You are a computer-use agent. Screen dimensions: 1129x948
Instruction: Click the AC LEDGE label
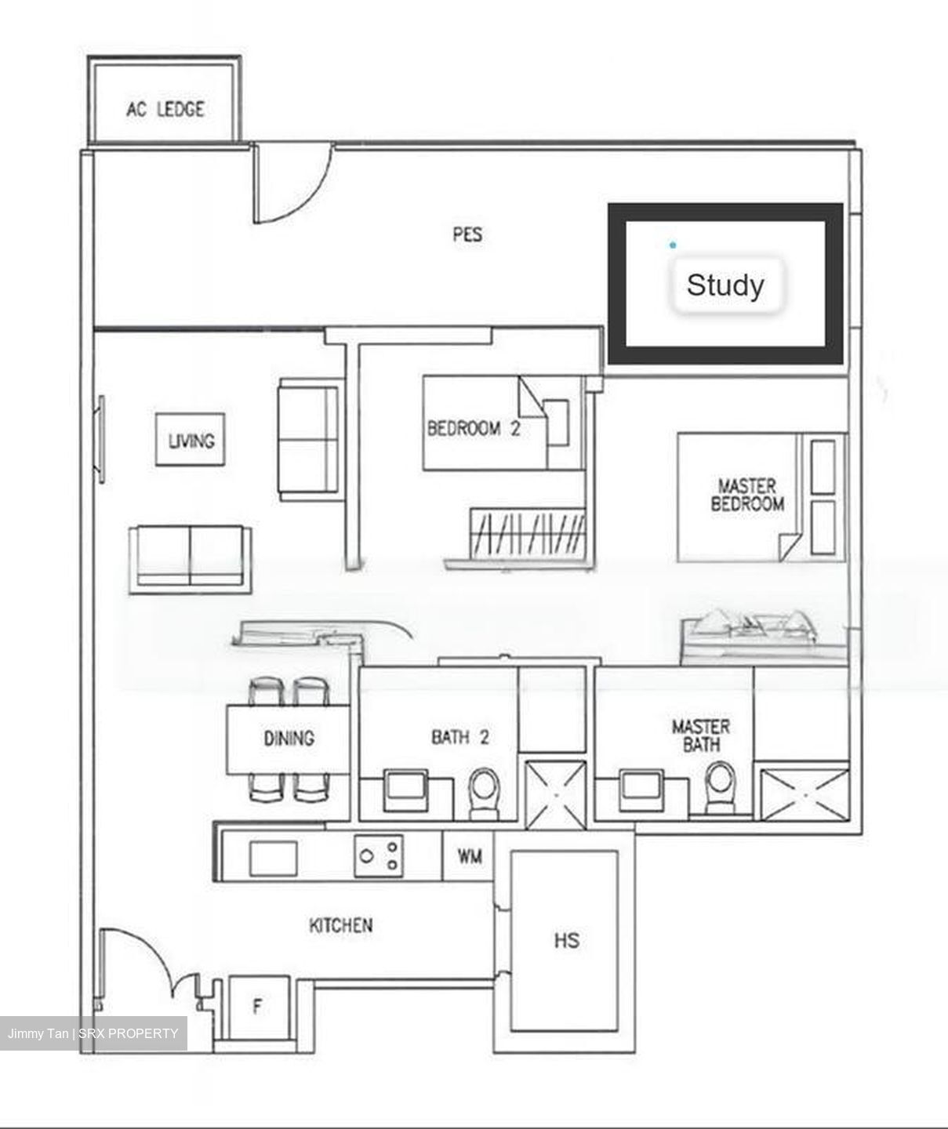[x=165, y=108]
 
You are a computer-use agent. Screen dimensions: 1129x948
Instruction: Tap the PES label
[x=467, y=234]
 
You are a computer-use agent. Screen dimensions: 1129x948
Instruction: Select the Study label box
[x=725, y=285]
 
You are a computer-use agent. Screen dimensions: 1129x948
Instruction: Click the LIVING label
[x=191, y=440]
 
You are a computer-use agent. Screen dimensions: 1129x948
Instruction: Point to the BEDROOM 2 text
[x=473, y=428]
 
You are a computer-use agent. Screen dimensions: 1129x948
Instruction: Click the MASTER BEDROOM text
[x=746, y=495]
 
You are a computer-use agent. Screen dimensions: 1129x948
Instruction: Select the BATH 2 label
[x=460, y=737]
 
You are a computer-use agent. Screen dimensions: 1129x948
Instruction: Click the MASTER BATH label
[x=700, y=735]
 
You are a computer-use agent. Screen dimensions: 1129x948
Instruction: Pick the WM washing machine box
[x=469, y=855]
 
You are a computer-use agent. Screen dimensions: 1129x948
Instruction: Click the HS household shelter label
[x=566, y=939]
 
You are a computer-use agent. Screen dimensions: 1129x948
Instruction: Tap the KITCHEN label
[x=340, y=925]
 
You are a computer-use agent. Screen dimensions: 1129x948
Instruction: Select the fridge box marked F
[x=258, y=1007]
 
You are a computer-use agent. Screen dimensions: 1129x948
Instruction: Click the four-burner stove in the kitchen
[x=380, y=855]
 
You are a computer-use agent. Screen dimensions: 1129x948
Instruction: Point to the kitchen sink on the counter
[x=273, y=858]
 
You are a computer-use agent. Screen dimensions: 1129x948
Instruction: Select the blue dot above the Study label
[x=672, y=245]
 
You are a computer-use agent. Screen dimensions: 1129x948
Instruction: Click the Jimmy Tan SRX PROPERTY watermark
[x=93, y=1033]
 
